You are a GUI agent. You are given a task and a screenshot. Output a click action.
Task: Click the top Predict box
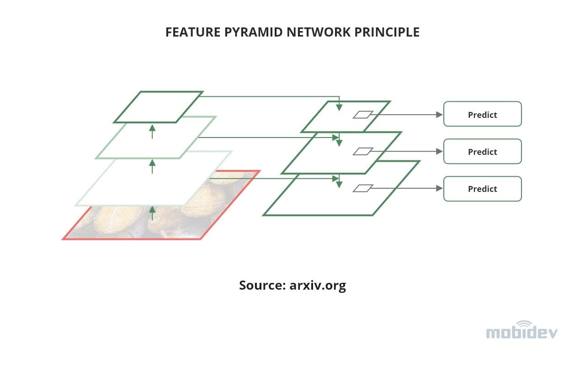[482, 114]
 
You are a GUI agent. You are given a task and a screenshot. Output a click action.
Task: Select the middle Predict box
[482, 152]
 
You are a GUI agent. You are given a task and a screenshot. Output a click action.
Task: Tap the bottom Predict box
[482, 189]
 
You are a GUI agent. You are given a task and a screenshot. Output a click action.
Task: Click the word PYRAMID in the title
[242, 32]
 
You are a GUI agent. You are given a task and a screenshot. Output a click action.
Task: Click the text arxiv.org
[318, 286]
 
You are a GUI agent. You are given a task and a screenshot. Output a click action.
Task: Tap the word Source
[262, 286]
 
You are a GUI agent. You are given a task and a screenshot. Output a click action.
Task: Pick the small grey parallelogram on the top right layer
[363, 115]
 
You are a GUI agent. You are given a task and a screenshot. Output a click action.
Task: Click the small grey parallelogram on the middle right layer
[363, 151]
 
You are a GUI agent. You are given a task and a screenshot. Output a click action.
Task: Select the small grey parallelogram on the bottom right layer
[363, 188]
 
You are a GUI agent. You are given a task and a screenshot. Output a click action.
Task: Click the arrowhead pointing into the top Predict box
[440, 115]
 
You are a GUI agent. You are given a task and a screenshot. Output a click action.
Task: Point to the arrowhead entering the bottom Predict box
[440, 188]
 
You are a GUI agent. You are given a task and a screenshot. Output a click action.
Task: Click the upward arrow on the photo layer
[152, 212]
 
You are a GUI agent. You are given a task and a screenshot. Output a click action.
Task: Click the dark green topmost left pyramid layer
[158, 107]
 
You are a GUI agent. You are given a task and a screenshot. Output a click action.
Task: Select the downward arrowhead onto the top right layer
[339, 107]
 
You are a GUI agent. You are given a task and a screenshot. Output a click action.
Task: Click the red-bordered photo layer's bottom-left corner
[64, 238]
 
